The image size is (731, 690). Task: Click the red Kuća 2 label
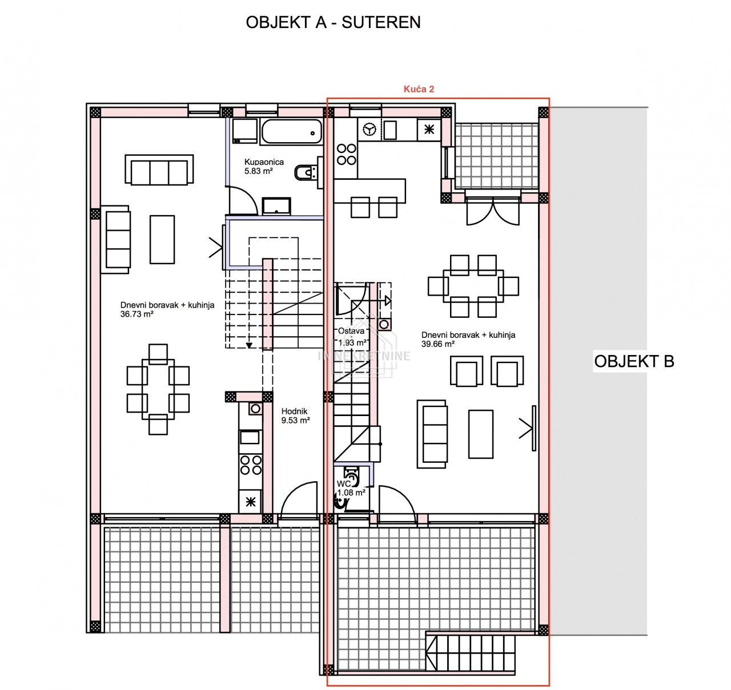click(419, 89)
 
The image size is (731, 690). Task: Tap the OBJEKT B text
click(634, 361)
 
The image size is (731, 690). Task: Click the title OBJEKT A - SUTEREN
click(333, 22)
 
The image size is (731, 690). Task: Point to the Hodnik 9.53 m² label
click(295, 416)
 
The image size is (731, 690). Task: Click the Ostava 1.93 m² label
click(352, 337)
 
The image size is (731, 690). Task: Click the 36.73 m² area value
click(137, 314)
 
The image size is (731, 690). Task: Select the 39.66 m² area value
click(438, 344)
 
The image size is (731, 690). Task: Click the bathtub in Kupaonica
click(291, 132)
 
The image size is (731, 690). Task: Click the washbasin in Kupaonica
click(276, 206)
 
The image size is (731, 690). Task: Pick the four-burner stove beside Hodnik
click(251, 465)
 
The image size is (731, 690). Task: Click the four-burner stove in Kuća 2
click(346, 154)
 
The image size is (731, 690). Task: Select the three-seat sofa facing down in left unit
click(159, 170)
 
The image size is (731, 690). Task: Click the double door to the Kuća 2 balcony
click(493, 211)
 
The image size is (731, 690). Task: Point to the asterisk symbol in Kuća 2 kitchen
click(429, 130)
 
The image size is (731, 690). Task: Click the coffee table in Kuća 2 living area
click(481, 434)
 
